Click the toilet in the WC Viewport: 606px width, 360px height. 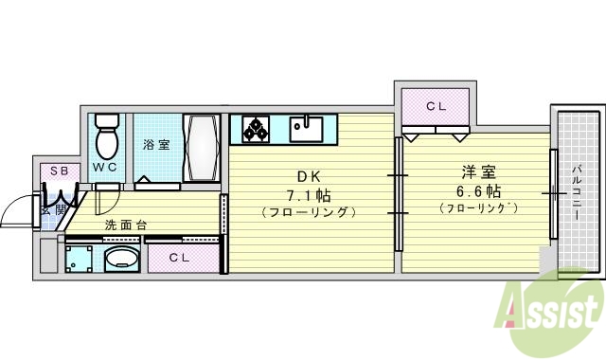tap(108, 139)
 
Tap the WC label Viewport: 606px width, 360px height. tap(105, 167)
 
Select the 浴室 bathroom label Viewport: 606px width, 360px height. tap(157, 145)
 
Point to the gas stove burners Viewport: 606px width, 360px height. tap(255, 128)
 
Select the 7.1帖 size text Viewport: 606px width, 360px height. tap(311, 194)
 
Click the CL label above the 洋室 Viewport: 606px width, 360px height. tap(436, 106)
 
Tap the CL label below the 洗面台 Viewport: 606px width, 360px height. tap(180, 258)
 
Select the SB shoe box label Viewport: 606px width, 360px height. tap(59, 171)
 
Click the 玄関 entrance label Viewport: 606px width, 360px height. tap(54, 208)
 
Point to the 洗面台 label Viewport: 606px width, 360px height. tap(125, 225)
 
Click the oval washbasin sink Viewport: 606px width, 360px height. tap(120, 260)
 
